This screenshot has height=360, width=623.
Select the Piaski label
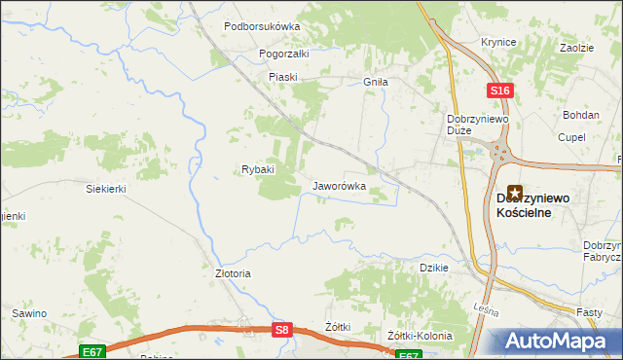pos(282,77)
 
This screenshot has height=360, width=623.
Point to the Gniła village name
pos(376,83)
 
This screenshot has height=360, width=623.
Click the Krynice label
pos(497,43)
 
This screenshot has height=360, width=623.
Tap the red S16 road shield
pos(499,90)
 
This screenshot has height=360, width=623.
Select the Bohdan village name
pos(581,115)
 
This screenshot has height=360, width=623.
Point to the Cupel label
pos(571,137)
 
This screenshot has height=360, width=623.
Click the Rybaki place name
pos(258,169)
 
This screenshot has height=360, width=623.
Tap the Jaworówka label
pos(339,185)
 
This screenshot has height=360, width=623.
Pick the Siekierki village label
pos(106,189)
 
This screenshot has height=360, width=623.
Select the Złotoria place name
pos(233,273)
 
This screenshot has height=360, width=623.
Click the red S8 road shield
pos(281,331)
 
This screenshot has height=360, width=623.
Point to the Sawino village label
pos(29,314)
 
